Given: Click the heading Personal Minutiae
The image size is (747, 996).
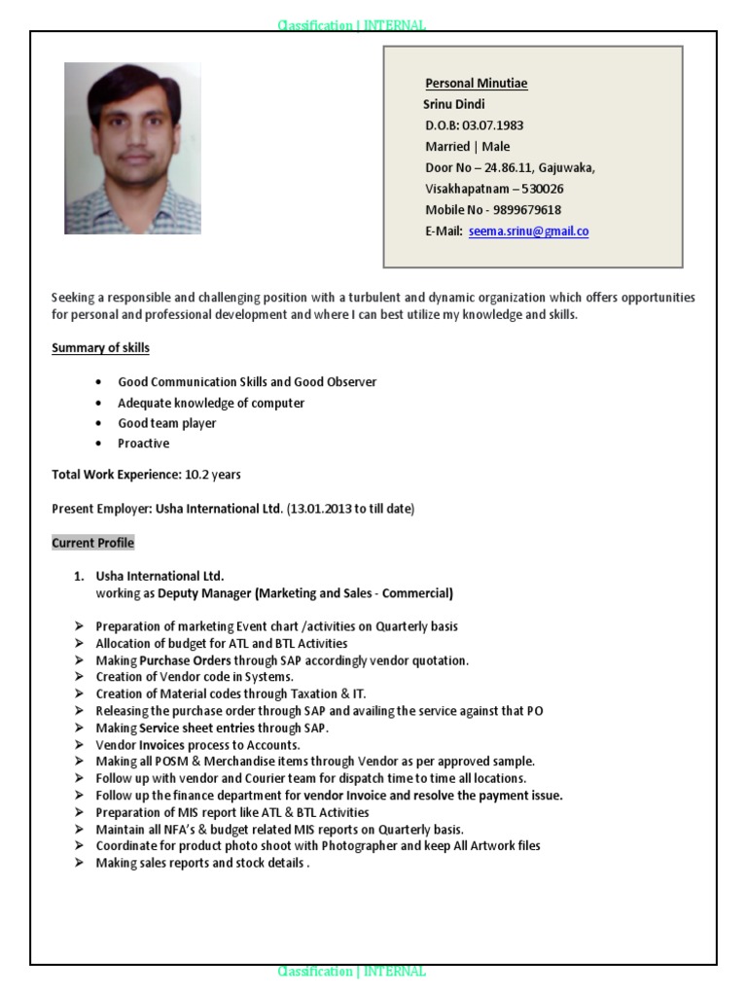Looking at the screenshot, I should tap(476, 84).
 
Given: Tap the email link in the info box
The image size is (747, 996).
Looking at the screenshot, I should tap(528, 231).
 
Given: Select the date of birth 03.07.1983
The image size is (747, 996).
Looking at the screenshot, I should tap(493, 125).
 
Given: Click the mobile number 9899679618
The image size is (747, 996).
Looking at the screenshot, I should tap(526, 210).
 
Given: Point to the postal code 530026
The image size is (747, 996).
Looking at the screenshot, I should tap(538, 189).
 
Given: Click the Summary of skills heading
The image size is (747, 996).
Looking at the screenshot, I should tap(100, 348).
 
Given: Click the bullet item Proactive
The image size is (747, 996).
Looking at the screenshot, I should tap(143, 444).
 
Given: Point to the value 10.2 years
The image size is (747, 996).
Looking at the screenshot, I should tap(213, 475).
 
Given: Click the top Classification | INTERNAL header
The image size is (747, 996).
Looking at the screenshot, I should tap(351, 25).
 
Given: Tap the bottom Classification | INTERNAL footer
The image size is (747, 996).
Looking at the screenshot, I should tap(351, 971).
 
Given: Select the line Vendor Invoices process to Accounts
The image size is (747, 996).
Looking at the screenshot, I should tap(197, 745).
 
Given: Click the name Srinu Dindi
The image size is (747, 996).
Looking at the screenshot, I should tap(454, 104).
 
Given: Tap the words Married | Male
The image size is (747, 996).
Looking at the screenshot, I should tap(467, 147).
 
